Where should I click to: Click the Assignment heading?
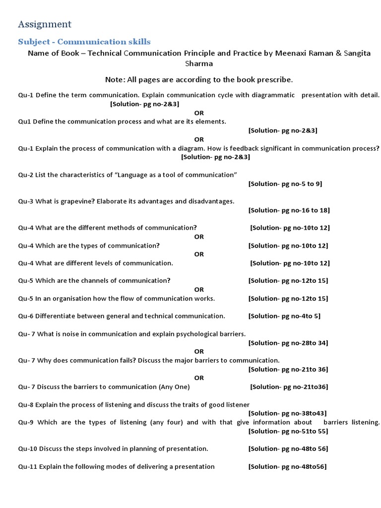[45, 24]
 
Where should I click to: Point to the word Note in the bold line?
[115, 79]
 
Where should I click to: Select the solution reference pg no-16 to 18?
[289, 210]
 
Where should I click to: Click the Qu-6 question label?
[26, 316]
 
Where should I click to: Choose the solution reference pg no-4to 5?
[285, 316]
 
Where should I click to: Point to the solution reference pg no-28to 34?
[288, 343]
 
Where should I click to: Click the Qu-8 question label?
[26, 405]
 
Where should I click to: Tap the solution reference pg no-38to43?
[287, 413]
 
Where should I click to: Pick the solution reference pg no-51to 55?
[288, 431]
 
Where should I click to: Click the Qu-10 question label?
[27, 449]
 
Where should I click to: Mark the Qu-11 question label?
[27, 466]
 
